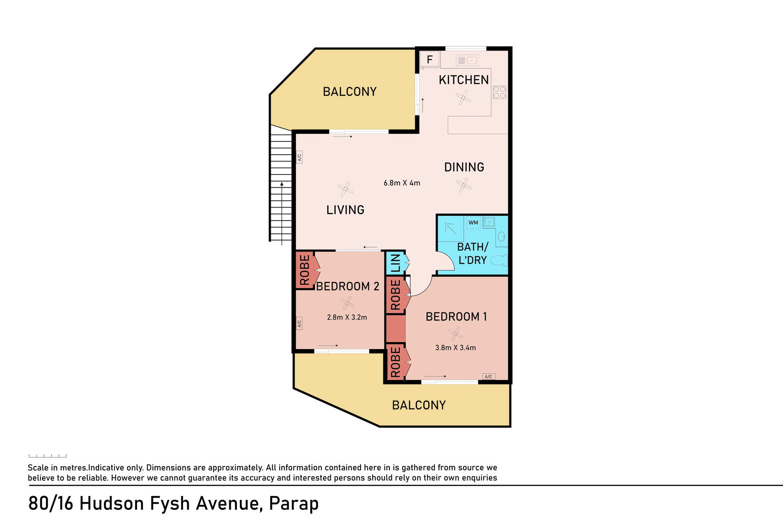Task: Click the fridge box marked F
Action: pyautogui.click(x=429, y=60)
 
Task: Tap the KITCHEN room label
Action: pyautogui.click(x=464, y=80)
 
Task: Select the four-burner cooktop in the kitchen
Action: pyautogui.click(x=500, y=93)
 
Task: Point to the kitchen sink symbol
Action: pyautogui.click(x=467, y=60)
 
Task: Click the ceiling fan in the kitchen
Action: pyautogui.click(x=463, y=98)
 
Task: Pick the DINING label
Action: pyautogui.click(x=464, y=167)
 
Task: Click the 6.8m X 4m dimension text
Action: pyautogui.click(x=402, y=183)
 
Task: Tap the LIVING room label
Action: pyautogui.click(x=345, y=210)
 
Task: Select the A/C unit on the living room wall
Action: pyautogui.click(x=299, y=157)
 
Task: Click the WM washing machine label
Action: pyautogui.click(x=473, y=223)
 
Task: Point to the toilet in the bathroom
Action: pyautogui.click(x=499, y=260)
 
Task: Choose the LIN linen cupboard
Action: pyautogui.click(x=396, y=263)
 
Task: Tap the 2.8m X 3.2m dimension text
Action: pyautogui.click(x=347, y=317)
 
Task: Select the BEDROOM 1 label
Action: pyautogui.click(x=456, y=317)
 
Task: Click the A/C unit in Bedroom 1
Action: pyautogui.click(x=489, y=376)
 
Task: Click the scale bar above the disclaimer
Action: pyautogui.click(x=48, y=456)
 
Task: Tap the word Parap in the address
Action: pyautogui.click(x=294, y=504)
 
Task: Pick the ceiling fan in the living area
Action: pyautogui.click(x=345, y=189)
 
